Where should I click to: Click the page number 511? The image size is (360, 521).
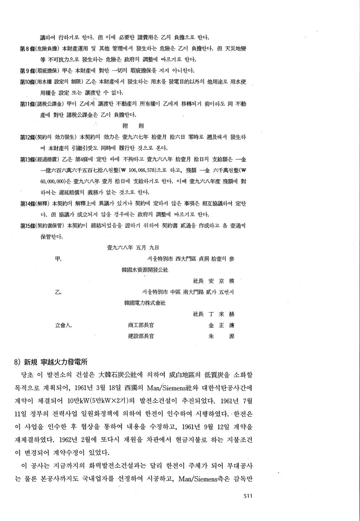(x=247, y=496)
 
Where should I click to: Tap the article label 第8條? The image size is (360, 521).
(x=26, y=48)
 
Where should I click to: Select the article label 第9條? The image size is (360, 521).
(x=26, y=71)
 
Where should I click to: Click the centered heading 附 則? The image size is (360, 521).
(x=133, y=126)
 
